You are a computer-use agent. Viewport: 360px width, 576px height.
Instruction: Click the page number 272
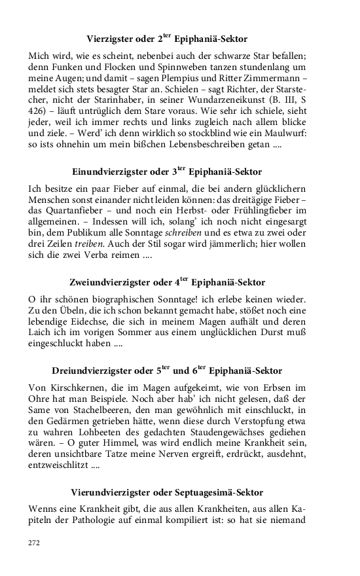click(x=34, y=543)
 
